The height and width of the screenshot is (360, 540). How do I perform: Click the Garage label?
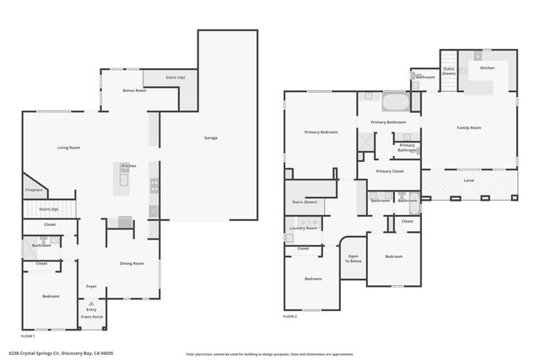coord(211,137)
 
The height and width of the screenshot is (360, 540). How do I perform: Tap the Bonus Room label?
coord(134,90)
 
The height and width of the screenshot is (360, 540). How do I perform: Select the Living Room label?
coord(68,148)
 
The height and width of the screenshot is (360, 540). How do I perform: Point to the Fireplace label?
coord(34,190)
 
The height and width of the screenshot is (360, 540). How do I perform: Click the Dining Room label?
coord(132,264)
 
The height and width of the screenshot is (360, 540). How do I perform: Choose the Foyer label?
coord(91,287)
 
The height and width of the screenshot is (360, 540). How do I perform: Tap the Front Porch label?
coord(91,317)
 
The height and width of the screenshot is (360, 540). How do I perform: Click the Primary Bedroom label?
coord(321,132)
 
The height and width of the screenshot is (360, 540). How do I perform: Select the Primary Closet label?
coord(390,172)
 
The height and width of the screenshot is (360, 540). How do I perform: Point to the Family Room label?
coord(469,127)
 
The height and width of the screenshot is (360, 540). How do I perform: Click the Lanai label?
coord(469,180)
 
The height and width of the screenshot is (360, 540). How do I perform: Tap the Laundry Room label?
coord(303,228)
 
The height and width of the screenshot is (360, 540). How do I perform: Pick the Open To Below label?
coord(354,259)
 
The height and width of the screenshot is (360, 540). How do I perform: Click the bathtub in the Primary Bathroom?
coord(395,103)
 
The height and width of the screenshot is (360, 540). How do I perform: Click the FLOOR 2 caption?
coord(291,316)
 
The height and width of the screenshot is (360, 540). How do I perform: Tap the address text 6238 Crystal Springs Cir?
coord(61,353)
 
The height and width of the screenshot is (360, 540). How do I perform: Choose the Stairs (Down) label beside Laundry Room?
coord(305,202)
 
